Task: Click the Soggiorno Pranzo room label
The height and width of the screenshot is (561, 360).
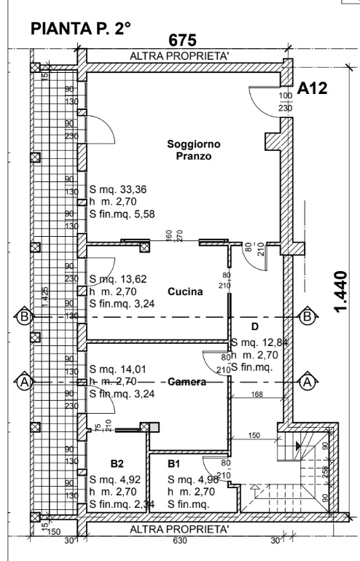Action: [x=193, y=151]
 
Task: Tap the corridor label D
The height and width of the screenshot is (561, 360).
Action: [x=255, y=326]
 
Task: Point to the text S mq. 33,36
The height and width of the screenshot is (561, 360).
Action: [x=117, y=188]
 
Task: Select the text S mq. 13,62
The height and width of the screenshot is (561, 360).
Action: [x=117, y=278]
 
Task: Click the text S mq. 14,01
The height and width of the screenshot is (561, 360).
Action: [x=117, y=369]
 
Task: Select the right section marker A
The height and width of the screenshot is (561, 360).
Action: [x=307, y=380]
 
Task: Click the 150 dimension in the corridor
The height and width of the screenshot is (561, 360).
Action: [x=254, y=435]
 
